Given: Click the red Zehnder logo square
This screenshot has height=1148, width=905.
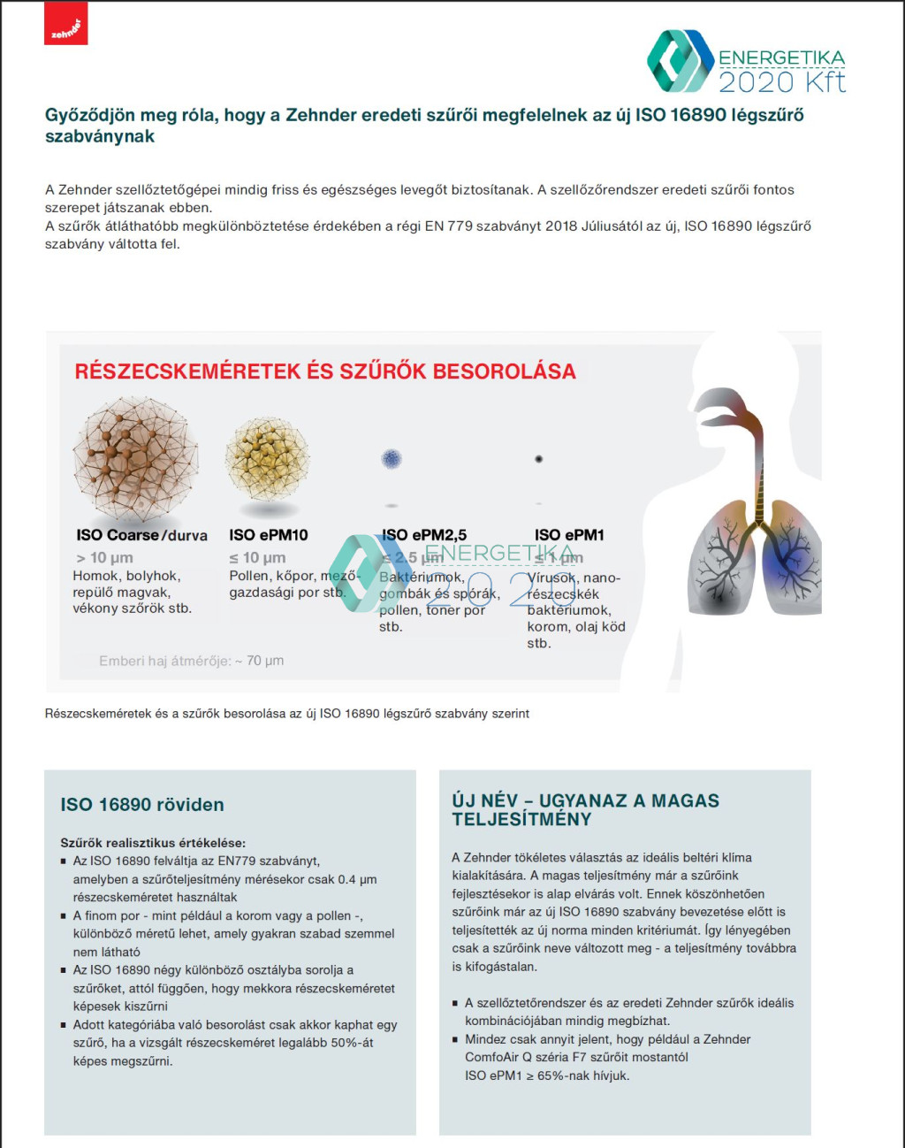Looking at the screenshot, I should pyautogui.click(x=66, y=24).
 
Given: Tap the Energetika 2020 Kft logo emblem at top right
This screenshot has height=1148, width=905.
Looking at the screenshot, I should pyautogui.click(x=681, y=61).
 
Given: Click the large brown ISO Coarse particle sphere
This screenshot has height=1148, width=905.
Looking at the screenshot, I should pyautogui.click(x=136, y=458).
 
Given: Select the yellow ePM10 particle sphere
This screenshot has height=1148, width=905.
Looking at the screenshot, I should pyautogui.click(x=267, y=459).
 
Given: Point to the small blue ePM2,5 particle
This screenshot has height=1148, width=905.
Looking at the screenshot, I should pyautogui.click(x=392, y=458).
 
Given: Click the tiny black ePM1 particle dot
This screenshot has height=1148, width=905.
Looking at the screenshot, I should pyautogui.click(x=538, y=459).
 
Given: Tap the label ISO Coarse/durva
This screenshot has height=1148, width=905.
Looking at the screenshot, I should pyautogui.click(x=141, y=535).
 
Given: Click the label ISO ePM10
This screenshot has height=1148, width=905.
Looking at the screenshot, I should pyautogui.click(x=269, y=535).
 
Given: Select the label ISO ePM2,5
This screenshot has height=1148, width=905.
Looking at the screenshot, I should pyautogui.click(x=424, y=535).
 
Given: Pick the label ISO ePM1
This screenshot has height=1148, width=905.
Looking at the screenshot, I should pyautogui.click(x=569, y=535).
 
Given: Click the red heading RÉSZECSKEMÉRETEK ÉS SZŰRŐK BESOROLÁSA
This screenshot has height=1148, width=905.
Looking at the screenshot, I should pyautogui.click(x=325, y=371).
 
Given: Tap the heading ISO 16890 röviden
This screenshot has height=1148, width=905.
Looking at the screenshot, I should pyautogui.click(x=142, y=805).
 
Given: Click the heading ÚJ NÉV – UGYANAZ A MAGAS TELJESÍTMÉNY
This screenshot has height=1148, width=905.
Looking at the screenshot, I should pyautogui.click(x=585, y=809).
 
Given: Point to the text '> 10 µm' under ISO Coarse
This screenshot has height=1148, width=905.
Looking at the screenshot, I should pyautogui.click(x=104, y=558).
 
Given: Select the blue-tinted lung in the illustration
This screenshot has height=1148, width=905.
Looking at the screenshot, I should pyautogui.click(x=790, y=557).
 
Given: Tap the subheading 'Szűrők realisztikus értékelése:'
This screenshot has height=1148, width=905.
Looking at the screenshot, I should pyautogui.click(x=153, y=843).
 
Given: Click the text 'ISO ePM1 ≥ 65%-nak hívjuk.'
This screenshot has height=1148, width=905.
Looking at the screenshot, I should pyautogui.click(x=547, y=1075).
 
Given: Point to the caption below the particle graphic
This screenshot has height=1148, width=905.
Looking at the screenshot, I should pyautogui.click(x=287, y=714).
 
